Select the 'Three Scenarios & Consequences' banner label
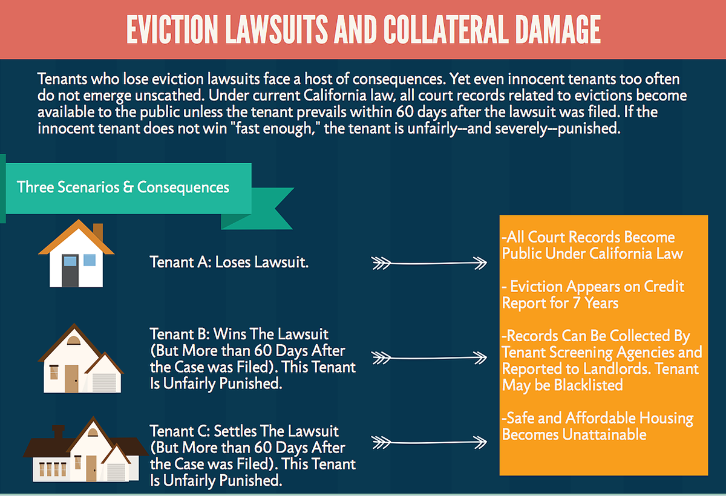123,187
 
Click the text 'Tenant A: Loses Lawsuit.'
229,263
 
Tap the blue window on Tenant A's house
89,261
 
